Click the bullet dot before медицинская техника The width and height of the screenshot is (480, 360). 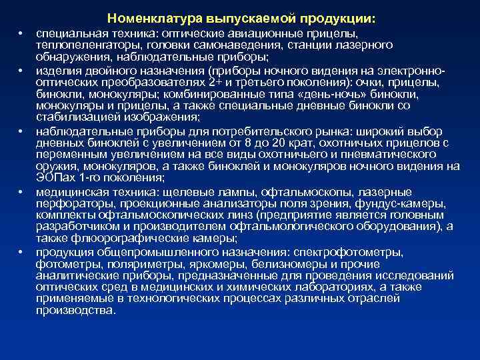(x=21, y=192)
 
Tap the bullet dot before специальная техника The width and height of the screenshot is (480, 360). (x=21, y=32)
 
